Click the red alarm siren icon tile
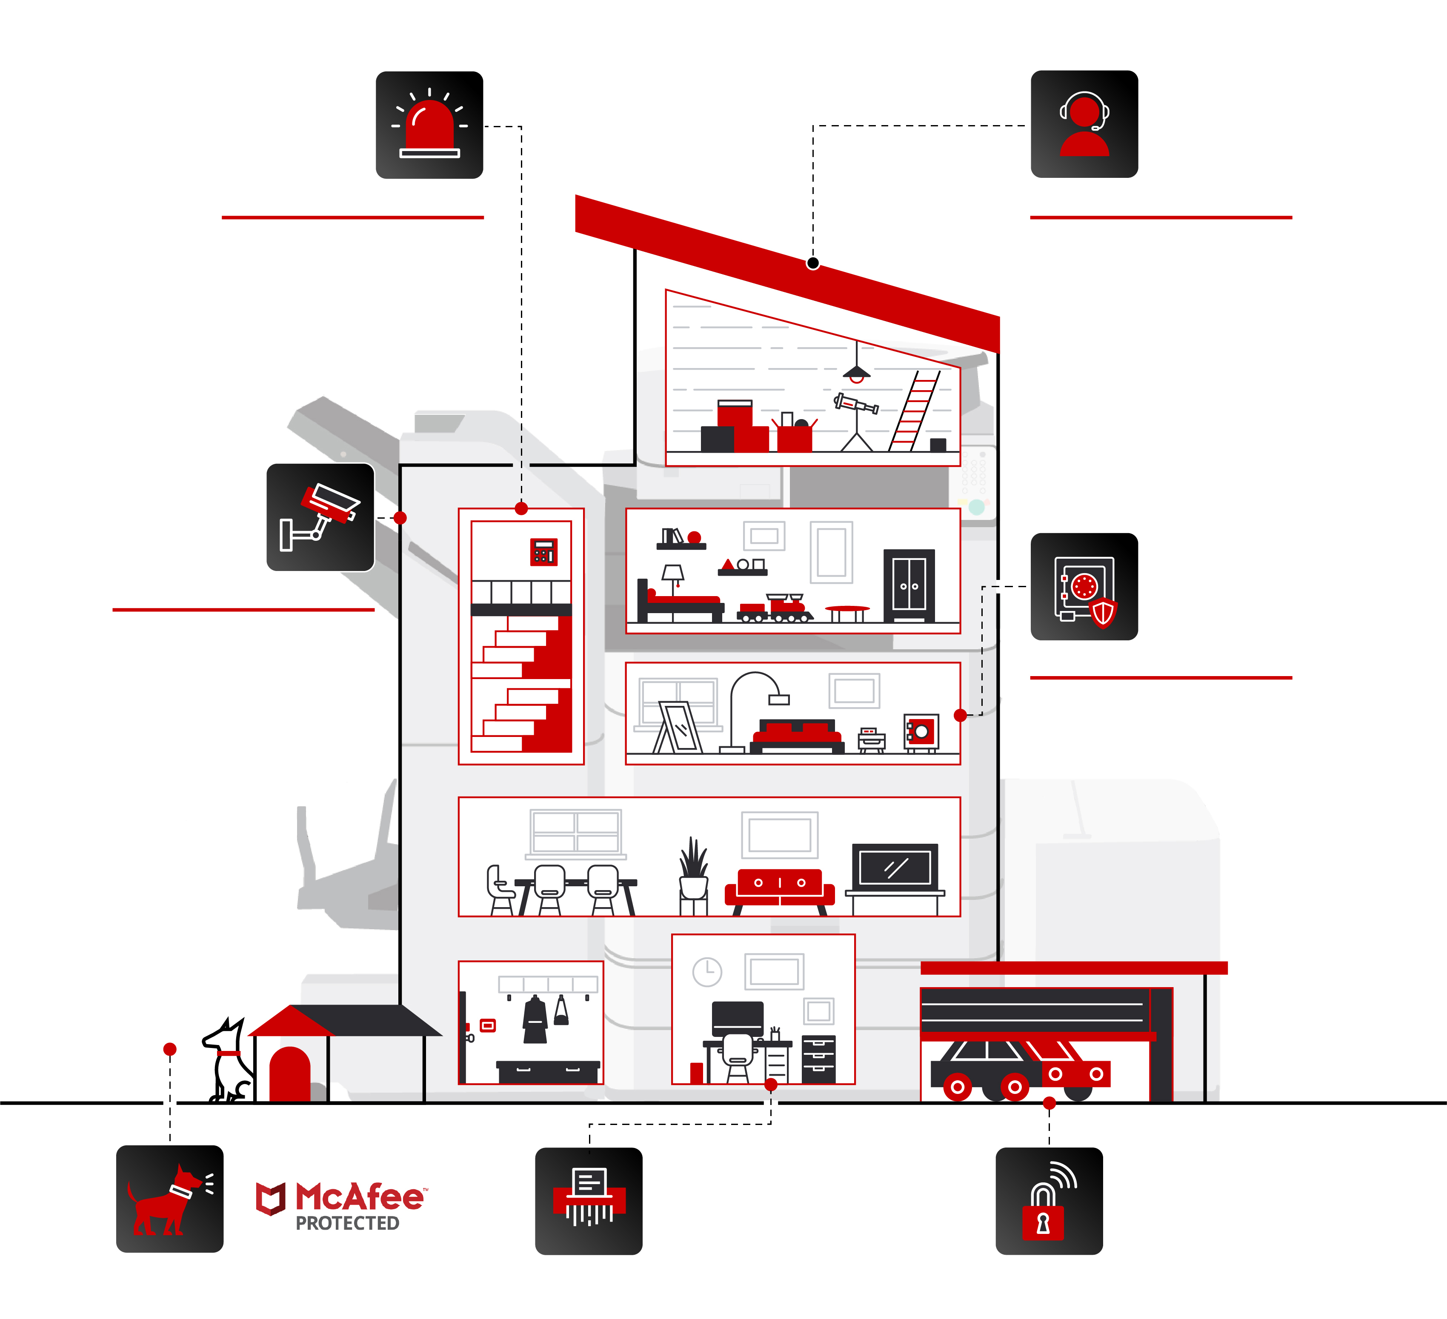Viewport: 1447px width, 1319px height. pyautogui.click(x=429, y=125)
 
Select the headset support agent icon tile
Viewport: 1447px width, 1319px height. pyautogui.click(x=1084, y=124)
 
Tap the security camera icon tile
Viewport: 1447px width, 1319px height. pyautogui.click(x=320, y=517)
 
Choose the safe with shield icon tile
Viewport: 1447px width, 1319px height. pyautogui.click(x=1084, y=586)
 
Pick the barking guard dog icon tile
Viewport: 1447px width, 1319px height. pyautogui.click(x=170, y=1199)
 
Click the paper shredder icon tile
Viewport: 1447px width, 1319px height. pyautogui.click(x=589, y=1201)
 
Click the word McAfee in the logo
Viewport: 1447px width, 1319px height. pyautogui.click(x=360, y=1197)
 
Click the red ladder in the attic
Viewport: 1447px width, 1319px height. pyautogui.click(x=914, y=411)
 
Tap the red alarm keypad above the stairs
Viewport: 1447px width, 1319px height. pyautogui.click(x=543, y=552)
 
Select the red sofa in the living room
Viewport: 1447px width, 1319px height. pyautogui.click(x=780, y=890)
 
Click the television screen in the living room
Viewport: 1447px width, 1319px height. pyautogui.click(x=894, y=867)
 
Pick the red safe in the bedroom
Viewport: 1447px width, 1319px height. pyautogui.click(x=921, y=733)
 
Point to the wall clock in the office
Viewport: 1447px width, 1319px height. pyautogui.click(x=707, y=972)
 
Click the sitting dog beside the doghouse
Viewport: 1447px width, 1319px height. pyautogui.click(x=228, y=1061)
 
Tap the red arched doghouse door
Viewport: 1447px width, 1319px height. pyautogui.click(x=289, y=1074)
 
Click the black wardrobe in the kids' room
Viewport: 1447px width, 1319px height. pyautogui.click(x=909, y=585)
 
